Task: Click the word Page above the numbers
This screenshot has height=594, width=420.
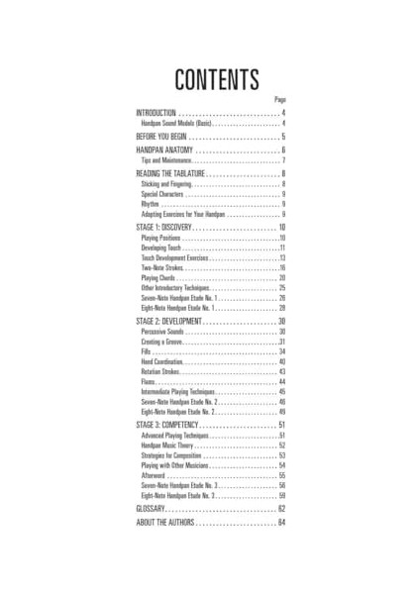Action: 280,101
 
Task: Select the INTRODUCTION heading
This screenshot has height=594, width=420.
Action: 157,114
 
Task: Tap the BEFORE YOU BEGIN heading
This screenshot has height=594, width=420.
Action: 167,137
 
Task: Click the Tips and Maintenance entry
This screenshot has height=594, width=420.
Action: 165,160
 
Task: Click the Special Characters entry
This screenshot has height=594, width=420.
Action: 164,194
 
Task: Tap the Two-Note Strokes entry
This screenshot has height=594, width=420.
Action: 160,268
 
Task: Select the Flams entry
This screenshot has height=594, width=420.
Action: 148,382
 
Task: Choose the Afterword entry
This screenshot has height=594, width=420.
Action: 152,476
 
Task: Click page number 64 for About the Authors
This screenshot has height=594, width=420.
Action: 281,522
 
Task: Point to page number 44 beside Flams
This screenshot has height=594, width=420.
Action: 281,382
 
